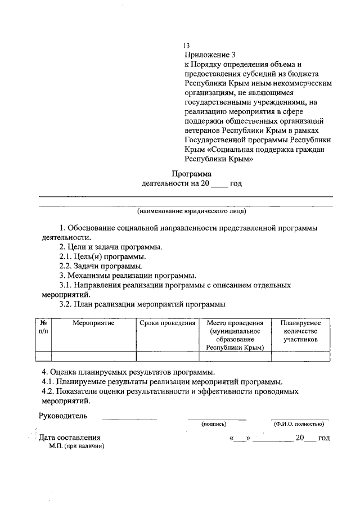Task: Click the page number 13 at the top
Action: tap(187, 46)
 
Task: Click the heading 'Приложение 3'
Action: tap(208, 55)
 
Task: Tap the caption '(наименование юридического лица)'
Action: tap(191, 211)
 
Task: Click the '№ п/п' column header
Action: tap(43, 327)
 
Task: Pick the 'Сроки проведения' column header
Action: tap(168, 323)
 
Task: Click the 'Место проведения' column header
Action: tap(235, 336)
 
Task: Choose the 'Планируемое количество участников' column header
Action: tap(300, 332)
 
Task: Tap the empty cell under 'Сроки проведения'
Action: tap(168, 356)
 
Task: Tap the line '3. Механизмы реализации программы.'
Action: tap(128, 276)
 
